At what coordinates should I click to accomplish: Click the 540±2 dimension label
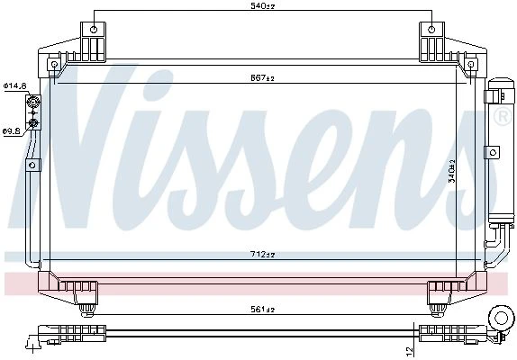[262, 5]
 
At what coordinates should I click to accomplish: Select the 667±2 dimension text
[262, 78]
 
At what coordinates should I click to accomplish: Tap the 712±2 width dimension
[262, 255]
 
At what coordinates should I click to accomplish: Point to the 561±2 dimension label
[262, 309]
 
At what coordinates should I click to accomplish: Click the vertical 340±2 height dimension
[452, 171]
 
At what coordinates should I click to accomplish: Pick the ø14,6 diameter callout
[15, 86]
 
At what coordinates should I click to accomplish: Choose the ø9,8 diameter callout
[12, 131]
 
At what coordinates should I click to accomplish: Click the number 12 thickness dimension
[409, 351]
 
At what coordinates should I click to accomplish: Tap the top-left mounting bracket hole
[94, 30]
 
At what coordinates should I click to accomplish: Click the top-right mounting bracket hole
[431, 30]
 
